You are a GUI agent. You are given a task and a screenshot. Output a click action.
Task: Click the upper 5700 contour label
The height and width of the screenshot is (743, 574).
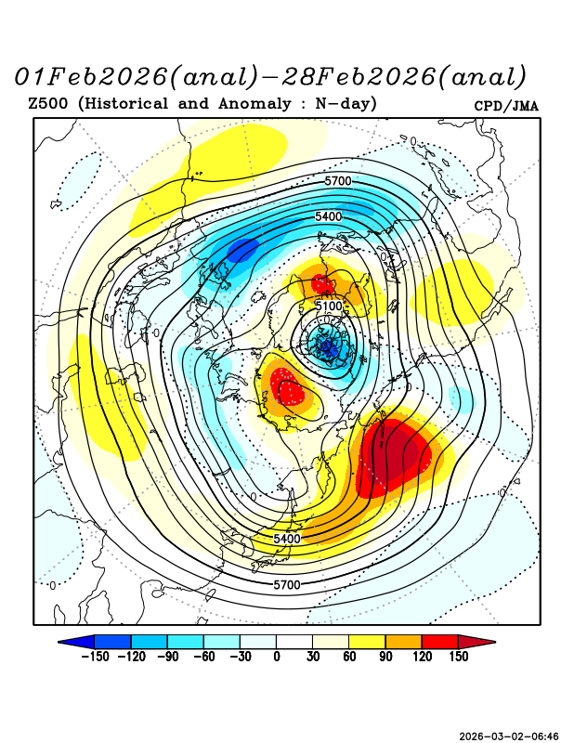pos(337,180)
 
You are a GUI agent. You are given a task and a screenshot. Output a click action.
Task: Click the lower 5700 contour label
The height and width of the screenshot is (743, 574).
pos(286,585)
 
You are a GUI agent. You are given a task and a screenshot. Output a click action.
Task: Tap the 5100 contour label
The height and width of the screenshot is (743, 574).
pos(330,306)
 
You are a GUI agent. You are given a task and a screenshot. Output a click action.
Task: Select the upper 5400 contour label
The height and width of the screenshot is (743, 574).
pos(329,216)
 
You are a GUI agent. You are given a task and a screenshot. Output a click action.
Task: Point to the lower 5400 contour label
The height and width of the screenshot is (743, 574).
pos(287,539)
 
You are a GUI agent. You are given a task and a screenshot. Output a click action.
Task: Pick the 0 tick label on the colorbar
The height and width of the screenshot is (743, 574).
pos(277,658)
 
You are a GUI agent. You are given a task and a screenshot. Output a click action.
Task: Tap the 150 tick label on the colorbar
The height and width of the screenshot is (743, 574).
pos(457,658)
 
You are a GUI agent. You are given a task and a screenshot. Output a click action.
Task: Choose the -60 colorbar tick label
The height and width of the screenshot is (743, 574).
pos(204,658)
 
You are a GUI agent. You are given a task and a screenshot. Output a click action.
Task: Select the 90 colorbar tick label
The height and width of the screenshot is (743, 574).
pos(385,658)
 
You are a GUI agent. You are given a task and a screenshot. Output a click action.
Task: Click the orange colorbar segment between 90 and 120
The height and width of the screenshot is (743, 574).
pos(403,642)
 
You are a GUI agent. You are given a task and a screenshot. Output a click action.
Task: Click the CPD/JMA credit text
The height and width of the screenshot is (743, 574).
pos(505,106)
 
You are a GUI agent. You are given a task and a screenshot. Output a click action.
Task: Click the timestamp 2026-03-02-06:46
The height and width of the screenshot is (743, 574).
pos(509,736)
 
